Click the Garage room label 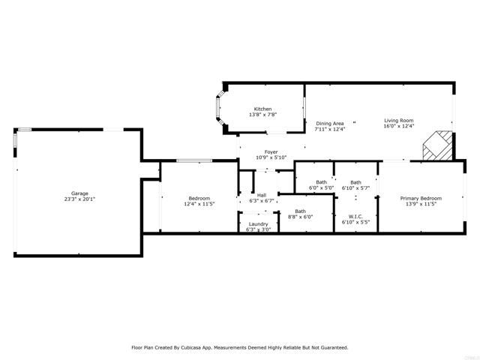click(79, 193)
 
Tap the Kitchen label click(262, 109)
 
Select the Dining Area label click(329, 124)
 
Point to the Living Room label click(399, 121)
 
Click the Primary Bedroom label click(421, 198)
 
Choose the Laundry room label click(258, 224)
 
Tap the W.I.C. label click(355, 217)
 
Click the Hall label click(262, 196)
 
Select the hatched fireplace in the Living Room click(437, 145)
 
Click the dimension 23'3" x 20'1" click(79, 199)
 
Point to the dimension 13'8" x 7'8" click(262, 115)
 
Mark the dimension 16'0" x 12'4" click(399, 126)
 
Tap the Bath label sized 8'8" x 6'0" click(300, 211)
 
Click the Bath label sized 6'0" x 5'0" click(321, 182)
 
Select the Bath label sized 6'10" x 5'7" click(355, 182)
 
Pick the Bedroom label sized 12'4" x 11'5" click(199, 198)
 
